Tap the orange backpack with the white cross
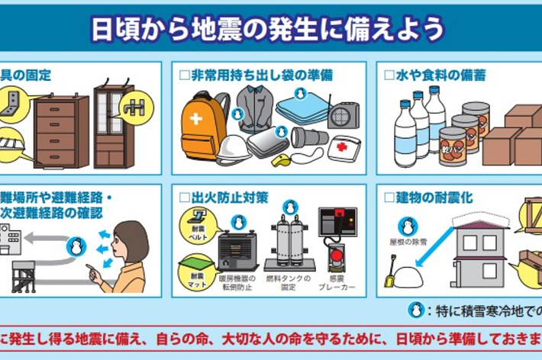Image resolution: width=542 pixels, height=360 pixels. (x=202, y=124)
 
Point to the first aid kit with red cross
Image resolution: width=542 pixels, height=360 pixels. (x=343, y=147)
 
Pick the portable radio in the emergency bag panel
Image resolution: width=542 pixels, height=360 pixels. (x=343, y=115)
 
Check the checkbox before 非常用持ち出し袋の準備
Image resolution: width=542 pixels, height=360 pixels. (x=182, y=76)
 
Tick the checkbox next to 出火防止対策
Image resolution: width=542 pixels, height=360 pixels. (x=182, y=198)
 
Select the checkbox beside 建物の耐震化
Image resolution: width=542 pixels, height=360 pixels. (x=389, y=198)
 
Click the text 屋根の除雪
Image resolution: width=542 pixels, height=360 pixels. (x=408, y=244)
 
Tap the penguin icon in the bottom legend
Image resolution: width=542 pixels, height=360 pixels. (x=416, y=310)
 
